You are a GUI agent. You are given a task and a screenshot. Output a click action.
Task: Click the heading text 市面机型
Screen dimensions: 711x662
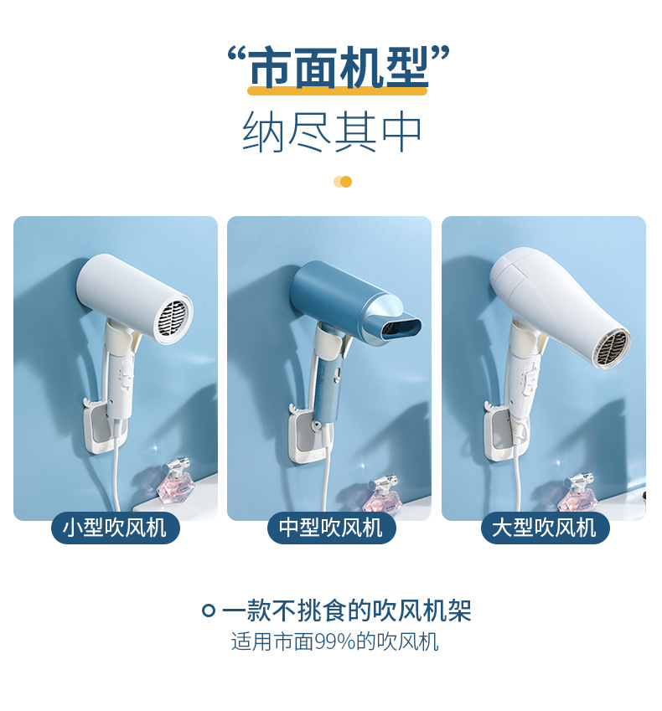coord(339,69)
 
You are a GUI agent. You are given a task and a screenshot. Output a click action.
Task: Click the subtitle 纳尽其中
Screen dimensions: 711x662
coord(332,132)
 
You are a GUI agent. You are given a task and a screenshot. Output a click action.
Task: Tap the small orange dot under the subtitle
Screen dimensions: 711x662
coord(345,182)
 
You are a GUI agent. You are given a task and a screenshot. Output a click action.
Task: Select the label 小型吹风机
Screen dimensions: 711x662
coord(115,528)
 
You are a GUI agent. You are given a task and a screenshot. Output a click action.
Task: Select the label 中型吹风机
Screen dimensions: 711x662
coord(330,528)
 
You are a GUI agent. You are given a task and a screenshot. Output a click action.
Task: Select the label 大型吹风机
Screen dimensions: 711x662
coord(545,528)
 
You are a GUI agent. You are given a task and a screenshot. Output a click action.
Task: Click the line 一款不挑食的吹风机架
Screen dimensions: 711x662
coord(346,611)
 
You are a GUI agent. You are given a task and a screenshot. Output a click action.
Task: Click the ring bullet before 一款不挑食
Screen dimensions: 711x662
coord(209,611)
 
